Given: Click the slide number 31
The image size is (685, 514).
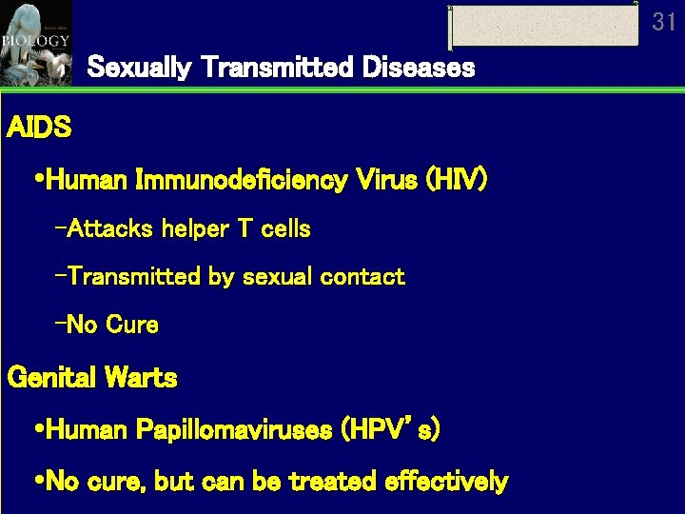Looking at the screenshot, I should tap(664, 22).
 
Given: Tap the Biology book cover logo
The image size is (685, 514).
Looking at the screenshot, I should tap(36, 43).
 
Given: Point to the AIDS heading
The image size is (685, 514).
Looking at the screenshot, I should tap(39, 128).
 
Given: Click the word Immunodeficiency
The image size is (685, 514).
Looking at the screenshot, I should tap(241, 180).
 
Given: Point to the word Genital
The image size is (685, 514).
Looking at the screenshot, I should tap(49, 378).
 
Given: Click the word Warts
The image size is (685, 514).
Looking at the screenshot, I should tap(142, 378).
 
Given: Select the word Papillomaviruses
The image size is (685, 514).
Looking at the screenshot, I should tap(234, 430).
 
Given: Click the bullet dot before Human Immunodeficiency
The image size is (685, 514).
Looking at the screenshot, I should tap(37, 180).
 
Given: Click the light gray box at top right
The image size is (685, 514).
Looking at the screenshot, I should tap(543, 26).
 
